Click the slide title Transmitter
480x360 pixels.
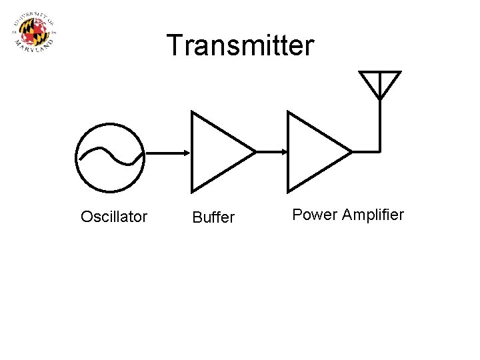click(239, 46)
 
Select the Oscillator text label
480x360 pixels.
click(114, 217)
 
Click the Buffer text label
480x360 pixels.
click(213, 217)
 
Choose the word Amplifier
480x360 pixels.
click(373, 215)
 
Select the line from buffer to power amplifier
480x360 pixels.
click(270, 152)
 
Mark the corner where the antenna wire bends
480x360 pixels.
click(380, 151)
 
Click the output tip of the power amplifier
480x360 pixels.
click(351, 152)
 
